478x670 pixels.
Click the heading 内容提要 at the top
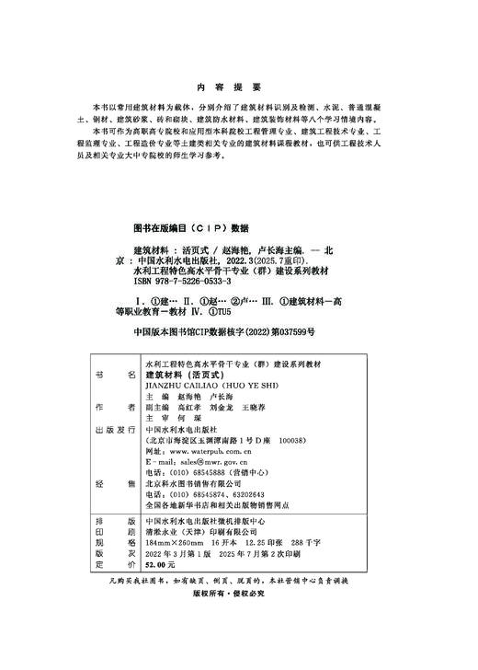(x=238, y=80)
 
